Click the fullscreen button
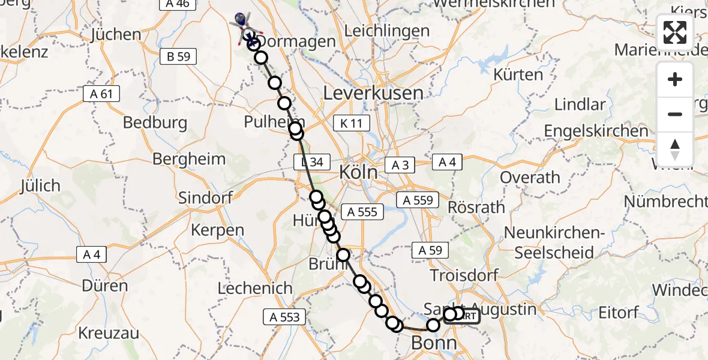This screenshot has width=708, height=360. [675, 32]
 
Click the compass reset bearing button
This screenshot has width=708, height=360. [675, 149]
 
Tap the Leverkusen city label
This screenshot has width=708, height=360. [373, 93]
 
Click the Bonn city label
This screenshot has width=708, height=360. [434, 344]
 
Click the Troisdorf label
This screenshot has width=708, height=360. [464, 275]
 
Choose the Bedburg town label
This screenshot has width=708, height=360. [155, 123]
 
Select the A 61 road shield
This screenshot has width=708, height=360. [101, 94]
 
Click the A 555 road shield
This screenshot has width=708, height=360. [362, 211]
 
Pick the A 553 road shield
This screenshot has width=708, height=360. [286, 317]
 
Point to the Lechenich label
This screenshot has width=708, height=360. [255, 288]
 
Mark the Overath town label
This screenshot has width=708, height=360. [530, 178]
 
